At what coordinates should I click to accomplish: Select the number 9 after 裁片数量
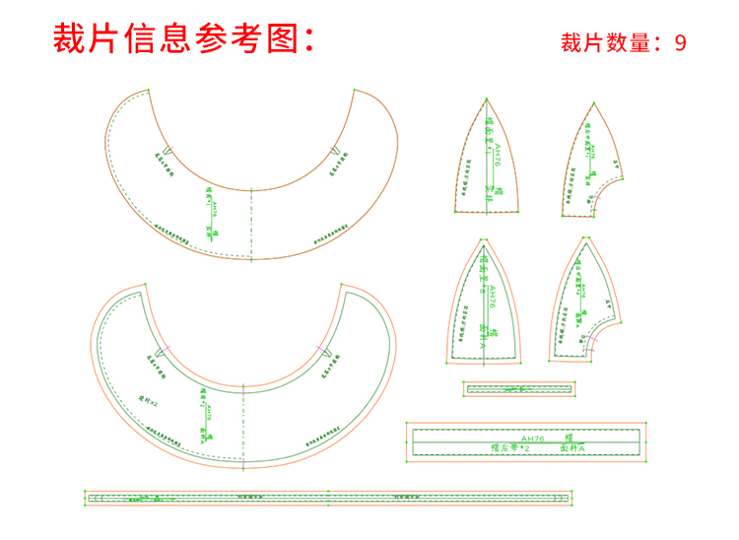pyautogui.click(x=680, y=42)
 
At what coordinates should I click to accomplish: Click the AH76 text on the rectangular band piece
pyautogui.click(x=533, y=438)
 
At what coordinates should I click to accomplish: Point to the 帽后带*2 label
pyautogui.click(x=510, y=448)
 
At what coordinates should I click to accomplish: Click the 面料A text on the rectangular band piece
pyautogui.click(x=573, y=448)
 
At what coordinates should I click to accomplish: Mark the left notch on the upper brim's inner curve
pyautogui.click(x=168, y=151)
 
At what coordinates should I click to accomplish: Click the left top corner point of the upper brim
pyautogui.click(x=149, y=91)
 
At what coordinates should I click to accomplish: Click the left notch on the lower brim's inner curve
pyautogui.click(x=167, y=347)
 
